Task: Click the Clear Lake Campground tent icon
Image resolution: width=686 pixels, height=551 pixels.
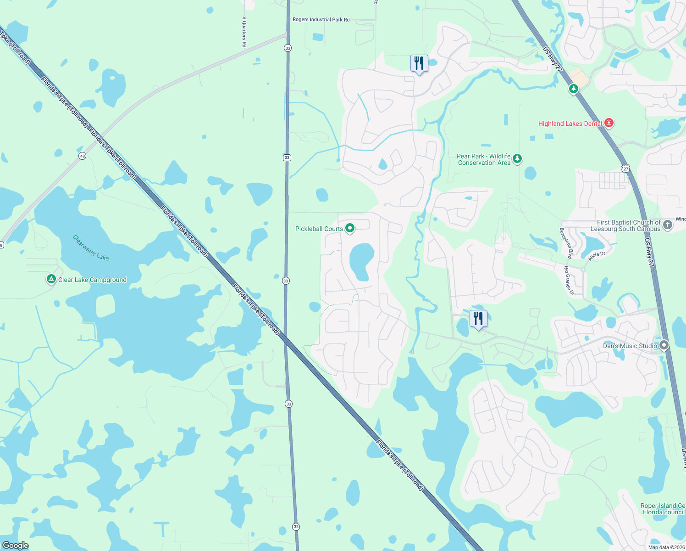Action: pos(51,279)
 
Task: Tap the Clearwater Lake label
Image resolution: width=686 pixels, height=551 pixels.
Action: pos(91,248)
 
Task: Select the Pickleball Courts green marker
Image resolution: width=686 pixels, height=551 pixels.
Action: pos(350,228)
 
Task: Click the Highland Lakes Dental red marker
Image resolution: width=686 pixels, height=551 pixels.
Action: pos(609,123)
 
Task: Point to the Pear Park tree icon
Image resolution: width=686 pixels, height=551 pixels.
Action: pos(517,159)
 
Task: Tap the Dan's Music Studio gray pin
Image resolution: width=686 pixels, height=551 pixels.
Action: pos(664,345)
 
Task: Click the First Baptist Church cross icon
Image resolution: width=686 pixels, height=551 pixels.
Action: pos(668,225)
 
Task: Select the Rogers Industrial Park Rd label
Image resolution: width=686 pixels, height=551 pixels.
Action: pos(321,20)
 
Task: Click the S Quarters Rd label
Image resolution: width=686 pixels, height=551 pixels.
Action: pos(244,32)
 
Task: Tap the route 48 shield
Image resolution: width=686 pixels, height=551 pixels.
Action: pos(82,156)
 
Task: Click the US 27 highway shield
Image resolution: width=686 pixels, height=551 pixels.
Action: pos(626,169)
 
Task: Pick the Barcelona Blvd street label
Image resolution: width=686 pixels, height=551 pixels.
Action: pos(566,243)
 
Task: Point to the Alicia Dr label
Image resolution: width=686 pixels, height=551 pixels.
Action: pos(597,256)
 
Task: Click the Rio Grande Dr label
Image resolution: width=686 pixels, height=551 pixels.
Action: pos(569,280)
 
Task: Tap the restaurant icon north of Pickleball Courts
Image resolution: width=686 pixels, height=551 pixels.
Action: pos(419,63)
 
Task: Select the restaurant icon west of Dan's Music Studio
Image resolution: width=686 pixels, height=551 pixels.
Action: pos(478,318)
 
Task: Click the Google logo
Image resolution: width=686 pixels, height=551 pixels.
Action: pos(15,545)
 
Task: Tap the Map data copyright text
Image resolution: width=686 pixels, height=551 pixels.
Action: pos(666,547)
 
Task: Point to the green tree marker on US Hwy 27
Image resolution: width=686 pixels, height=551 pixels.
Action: pos(573,88)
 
